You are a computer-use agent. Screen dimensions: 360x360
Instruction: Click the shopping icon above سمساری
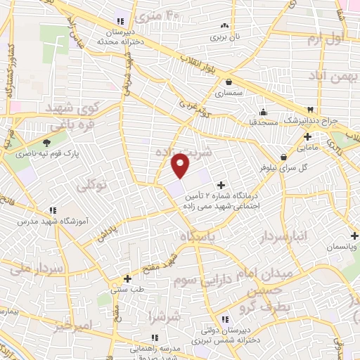tap(229, 82)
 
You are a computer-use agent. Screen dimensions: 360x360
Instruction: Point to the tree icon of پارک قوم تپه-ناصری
tap(47, 143)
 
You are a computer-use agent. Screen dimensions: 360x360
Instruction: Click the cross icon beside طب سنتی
tap(127, 278)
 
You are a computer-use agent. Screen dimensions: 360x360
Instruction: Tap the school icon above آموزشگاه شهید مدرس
tap(53, 209)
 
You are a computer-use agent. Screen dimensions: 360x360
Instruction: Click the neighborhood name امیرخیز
tap(72, 326)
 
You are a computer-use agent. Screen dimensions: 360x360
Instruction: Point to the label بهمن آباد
tap(328, 75)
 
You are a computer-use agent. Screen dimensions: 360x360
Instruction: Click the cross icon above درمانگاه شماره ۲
tap(222, 165)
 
